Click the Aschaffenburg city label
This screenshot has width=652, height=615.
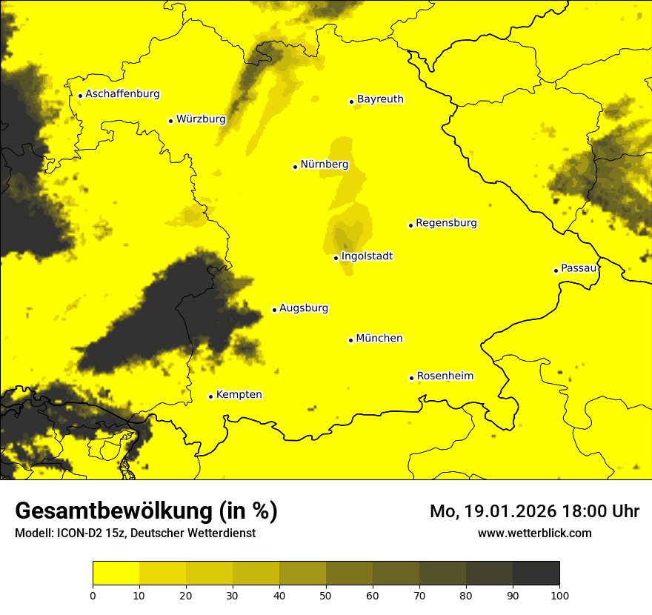122,94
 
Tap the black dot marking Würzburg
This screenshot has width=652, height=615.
170,121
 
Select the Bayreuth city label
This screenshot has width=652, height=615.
380,99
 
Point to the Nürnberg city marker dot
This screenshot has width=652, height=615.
295,167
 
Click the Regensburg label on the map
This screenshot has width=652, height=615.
446,223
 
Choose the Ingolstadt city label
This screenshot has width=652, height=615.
367,256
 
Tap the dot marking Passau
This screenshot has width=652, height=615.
556,270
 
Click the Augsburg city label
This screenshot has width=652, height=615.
304,308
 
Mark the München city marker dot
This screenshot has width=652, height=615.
350,340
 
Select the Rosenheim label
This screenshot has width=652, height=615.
445,376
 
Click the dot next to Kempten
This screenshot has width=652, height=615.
210,396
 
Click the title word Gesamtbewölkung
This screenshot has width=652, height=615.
114,511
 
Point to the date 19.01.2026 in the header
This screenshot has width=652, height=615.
511,511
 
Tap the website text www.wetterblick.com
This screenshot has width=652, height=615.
534,533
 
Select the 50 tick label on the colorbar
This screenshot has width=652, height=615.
326,595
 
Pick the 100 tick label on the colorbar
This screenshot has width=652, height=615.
559,595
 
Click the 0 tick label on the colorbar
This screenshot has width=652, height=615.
93,595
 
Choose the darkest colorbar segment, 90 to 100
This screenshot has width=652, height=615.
536,574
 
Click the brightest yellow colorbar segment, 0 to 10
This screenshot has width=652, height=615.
116,574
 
